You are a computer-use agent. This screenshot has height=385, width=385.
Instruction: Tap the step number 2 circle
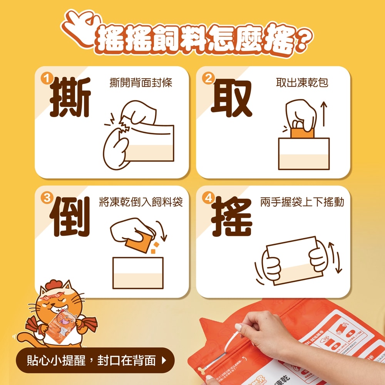208,79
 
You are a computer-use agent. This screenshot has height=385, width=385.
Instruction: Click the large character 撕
70,98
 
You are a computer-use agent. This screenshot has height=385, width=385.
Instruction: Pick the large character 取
231,98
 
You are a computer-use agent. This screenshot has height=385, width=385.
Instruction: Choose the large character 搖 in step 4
232,217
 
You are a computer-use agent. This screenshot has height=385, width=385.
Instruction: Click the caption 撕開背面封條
141,83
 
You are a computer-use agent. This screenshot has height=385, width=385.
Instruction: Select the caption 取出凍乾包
302,83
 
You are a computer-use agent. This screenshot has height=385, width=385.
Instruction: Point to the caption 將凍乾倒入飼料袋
141,202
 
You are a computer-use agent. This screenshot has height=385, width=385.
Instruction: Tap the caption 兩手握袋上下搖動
302,202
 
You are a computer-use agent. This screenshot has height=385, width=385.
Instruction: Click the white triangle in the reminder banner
164,361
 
